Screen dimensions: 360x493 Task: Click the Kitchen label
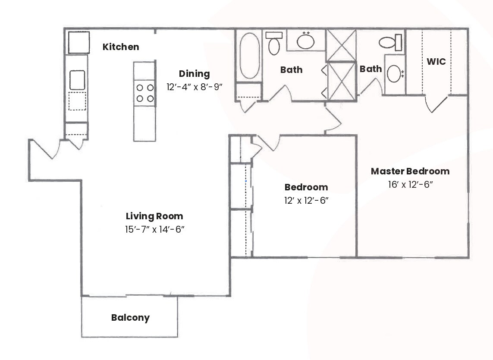121,47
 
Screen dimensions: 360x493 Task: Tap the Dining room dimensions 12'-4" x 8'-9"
194,87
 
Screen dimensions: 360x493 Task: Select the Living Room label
154,216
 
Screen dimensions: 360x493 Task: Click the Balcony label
130,318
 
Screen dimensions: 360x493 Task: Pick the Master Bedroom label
410,171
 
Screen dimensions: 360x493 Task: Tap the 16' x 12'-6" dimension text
410,185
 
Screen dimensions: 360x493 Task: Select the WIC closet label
436,62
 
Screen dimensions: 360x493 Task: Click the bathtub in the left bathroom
249,56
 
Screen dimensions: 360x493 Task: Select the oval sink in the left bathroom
306,41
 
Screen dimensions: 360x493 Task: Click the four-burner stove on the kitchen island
144,93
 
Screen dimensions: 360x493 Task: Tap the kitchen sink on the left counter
77,80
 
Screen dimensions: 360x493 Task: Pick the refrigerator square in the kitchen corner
78,42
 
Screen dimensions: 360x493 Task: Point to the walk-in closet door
436,104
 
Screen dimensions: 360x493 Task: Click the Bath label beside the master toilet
371,69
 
